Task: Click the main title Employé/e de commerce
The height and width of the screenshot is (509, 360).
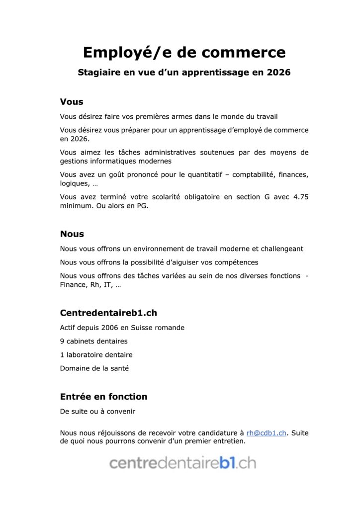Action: (x=184, y=52)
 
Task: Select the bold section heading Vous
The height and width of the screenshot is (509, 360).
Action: (x=72, y=102)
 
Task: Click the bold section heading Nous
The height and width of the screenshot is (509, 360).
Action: (x=72, y=234)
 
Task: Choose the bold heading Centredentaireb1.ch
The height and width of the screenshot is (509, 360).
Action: (x=108, y=313)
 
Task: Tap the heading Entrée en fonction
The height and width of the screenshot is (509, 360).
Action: (x=103, y=397)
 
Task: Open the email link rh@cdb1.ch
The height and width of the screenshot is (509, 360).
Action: (x=267, y=433)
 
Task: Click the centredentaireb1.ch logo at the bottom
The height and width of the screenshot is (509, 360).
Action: (x=183, y=463)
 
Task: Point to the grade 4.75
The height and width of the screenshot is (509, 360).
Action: (x=299, y=197)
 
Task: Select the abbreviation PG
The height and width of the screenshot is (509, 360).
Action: (x=141, y=206)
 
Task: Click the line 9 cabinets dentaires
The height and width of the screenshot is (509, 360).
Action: (x=93, y=341)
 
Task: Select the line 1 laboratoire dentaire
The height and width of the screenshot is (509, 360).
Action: (x=96, y=355)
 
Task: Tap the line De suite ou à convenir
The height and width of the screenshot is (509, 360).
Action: (x=97, y=412)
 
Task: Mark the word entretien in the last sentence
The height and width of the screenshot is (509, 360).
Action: (x=230, y=441)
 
